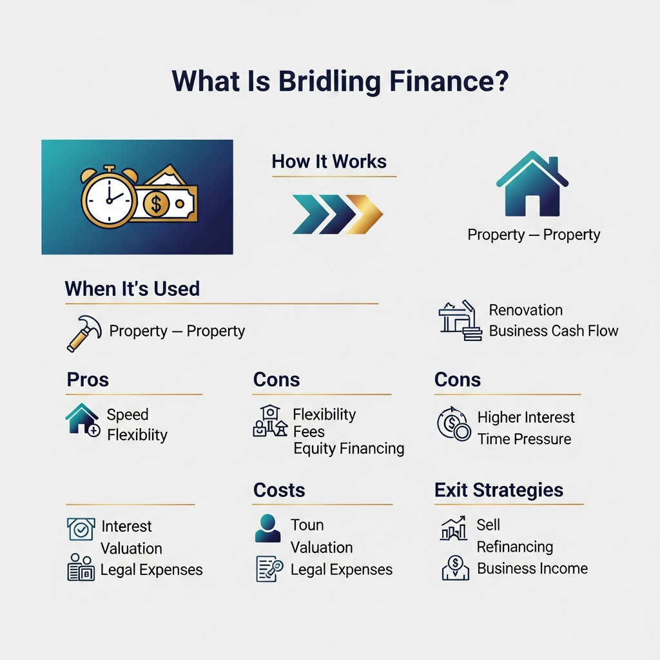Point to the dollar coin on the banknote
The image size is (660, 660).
click(156, 204)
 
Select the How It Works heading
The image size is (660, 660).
click(329, 161)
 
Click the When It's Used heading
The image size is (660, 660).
click(132, 288)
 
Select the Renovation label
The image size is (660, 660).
click(525, 310)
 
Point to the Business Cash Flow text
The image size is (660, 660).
click(553, 331)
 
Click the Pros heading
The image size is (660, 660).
click(88, 380)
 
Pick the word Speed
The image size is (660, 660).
click(128, 414)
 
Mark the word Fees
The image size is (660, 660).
click(309, 431)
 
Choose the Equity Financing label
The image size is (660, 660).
click(349, 449)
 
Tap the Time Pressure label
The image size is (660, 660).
click(524, 439)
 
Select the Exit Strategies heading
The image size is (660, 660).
click(499, 490)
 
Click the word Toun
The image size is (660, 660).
click(307, 525)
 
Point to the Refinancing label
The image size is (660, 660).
click(514, 547)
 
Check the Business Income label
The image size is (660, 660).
click(532, 568)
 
